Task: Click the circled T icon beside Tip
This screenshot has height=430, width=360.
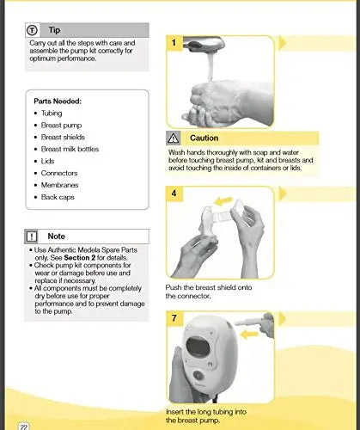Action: coord(32,29)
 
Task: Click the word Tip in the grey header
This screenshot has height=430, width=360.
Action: coord(55,29)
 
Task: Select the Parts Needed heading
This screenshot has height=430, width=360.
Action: coord(58,101)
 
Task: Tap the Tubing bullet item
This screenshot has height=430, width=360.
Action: coord(52,113)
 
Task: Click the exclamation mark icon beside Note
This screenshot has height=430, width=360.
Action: coord(32,236)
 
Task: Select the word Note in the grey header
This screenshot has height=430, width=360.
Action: coord(57,236)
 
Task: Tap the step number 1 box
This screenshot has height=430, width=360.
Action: coord(174,42)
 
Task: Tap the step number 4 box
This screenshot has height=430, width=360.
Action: coord(174,193)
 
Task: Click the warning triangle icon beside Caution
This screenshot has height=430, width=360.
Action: coord(175,138)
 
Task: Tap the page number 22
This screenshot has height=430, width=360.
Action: coord(25,425)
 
